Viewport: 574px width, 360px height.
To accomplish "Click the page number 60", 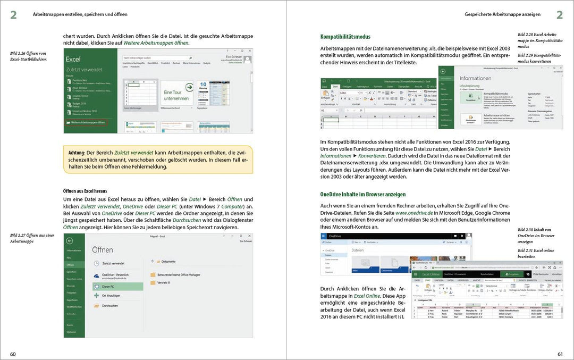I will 13,354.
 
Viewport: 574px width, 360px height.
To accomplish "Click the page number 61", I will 560,354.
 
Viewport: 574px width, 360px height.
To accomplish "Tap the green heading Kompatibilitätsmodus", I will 345,37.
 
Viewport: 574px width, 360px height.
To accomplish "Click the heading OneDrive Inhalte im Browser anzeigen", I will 363,194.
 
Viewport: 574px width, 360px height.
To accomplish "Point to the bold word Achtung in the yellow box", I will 76,153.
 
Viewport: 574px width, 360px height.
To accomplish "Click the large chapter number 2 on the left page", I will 13,15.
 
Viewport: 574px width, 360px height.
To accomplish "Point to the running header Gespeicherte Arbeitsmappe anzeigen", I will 509,14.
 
